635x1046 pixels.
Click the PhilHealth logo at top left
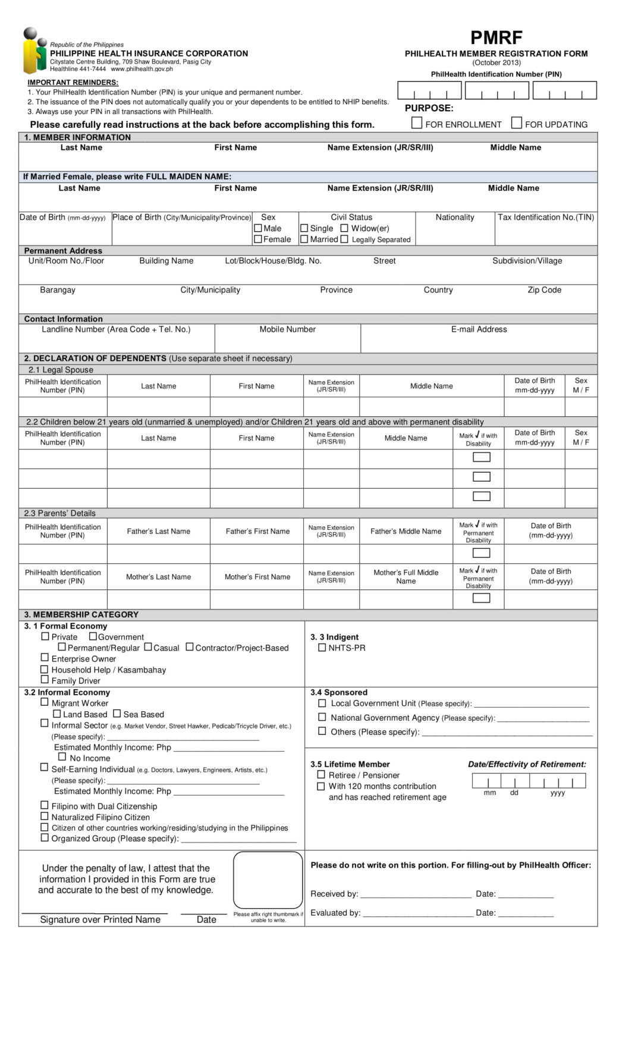[x=34, y=51]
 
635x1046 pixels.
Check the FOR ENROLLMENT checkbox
[x=417, y=123]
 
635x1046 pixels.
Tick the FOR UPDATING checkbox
[x=517, y=123]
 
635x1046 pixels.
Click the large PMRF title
[x=496, y=37]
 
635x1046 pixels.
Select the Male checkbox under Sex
[x=258, y=228]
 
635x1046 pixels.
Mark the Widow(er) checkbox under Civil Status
[x=344, y=228]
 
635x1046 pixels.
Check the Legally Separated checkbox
[x=344, y=239]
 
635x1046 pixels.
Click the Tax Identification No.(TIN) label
[x=545, y=217]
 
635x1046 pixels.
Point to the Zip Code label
[x=544, y=290]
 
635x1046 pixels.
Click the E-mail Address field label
[x=479, y=329]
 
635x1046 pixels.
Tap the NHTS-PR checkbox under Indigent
[x=322, y=648]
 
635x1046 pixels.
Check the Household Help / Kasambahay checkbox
[x=45, y=669]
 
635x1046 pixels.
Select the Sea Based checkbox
[x=117, y=714]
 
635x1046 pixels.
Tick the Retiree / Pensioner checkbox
[x=321, y=774]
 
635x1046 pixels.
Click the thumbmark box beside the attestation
[x=268, y=879]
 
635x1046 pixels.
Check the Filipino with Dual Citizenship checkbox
[x=45, y=805]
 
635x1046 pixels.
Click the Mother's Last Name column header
[x=158, y=576]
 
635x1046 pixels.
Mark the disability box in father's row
[x=480, y=553]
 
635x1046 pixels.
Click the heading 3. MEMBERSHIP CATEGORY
[x=81, y=614]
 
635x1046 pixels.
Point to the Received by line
[x=416, y=893]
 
